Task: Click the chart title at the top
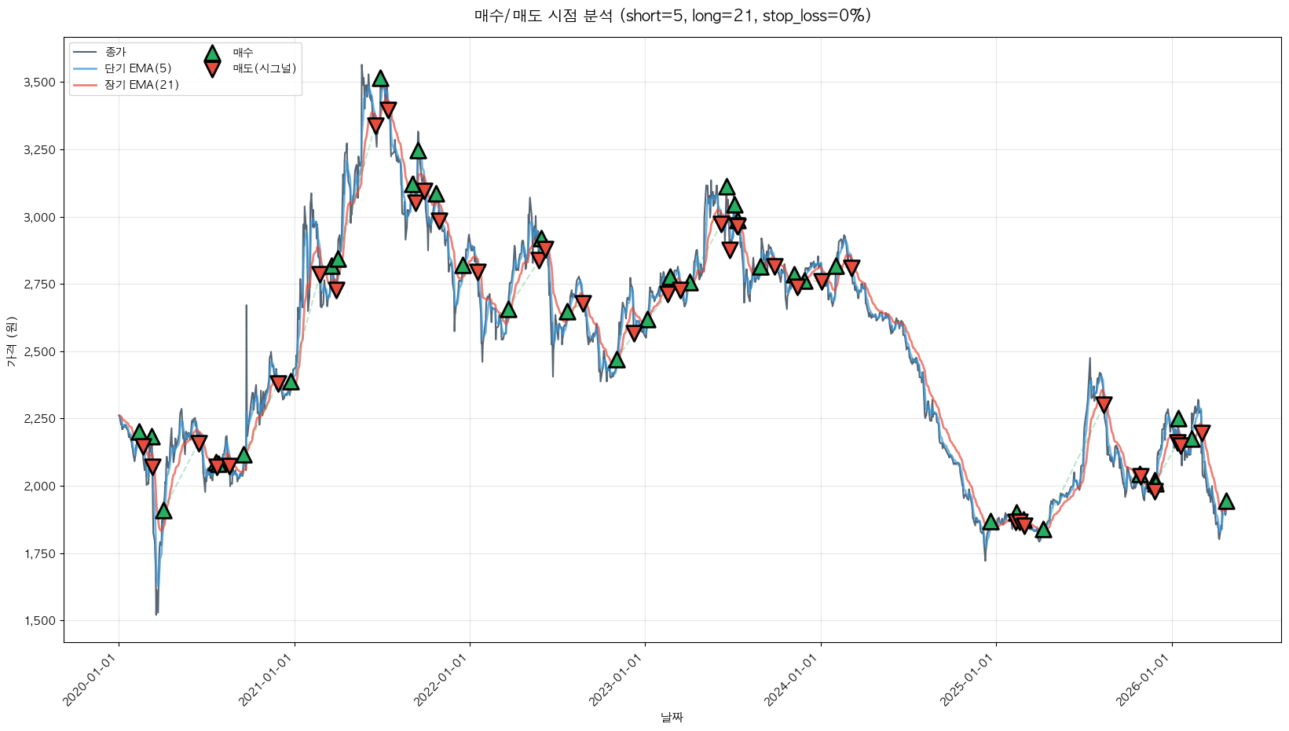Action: [672, 16]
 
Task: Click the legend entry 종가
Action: [115, 52]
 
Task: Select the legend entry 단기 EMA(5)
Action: [137, 68]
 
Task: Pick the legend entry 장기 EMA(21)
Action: [141, 85]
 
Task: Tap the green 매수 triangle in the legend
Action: [212, 53]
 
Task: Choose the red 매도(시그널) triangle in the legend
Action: [212, 69]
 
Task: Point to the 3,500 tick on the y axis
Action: [40, 83]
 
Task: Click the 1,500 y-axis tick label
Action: [40, 621]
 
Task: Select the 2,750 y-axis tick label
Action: [40, 285]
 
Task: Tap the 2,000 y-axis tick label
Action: [40, 487]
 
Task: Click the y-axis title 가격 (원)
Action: [11, 342]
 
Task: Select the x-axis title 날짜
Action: [672, 717]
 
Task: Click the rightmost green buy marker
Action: [1226, 501]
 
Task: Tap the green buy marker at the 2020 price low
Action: [163, 511]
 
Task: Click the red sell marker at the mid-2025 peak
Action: [1104, 405]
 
